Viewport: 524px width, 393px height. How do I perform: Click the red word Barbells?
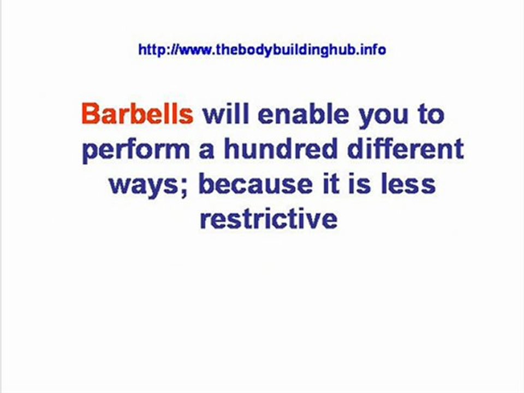click(138, 114)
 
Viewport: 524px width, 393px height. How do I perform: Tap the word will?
click(226, 114)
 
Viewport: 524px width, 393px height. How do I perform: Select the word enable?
click(303, 114)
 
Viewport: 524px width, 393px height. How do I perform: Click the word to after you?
click(431, 114)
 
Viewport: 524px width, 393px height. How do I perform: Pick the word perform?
click(136, 152)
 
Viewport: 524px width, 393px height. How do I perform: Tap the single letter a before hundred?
click(206, 152)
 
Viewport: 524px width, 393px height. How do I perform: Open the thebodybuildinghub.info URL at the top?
click(262, 50)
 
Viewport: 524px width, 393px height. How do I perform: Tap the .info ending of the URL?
click(373, 50)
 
